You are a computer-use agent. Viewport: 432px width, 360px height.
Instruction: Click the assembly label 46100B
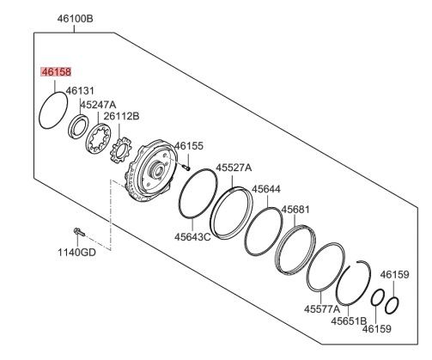(75, 19)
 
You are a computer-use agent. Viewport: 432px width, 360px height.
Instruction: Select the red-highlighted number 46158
(56, 72)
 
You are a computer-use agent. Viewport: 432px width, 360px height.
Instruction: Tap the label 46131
(80, 90)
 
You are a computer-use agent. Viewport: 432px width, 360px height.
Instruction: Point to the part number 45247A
(98, 105)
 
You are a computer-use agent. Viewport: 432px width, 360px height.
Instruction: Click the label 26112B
(121, 116)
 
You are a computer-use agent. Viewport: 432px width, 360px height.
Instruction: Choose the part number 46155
(189, 146)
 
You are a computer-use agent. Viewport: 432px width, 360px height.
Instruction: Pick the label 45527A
(234, 168)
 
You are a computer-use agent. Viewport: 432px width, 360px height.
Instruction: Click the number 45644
(266, 189)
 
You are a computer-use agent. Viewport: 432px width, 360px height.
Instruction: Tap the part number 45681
(295, 210)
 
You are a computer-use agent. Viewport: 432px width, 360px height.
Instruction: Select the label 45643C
(192, 237)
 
